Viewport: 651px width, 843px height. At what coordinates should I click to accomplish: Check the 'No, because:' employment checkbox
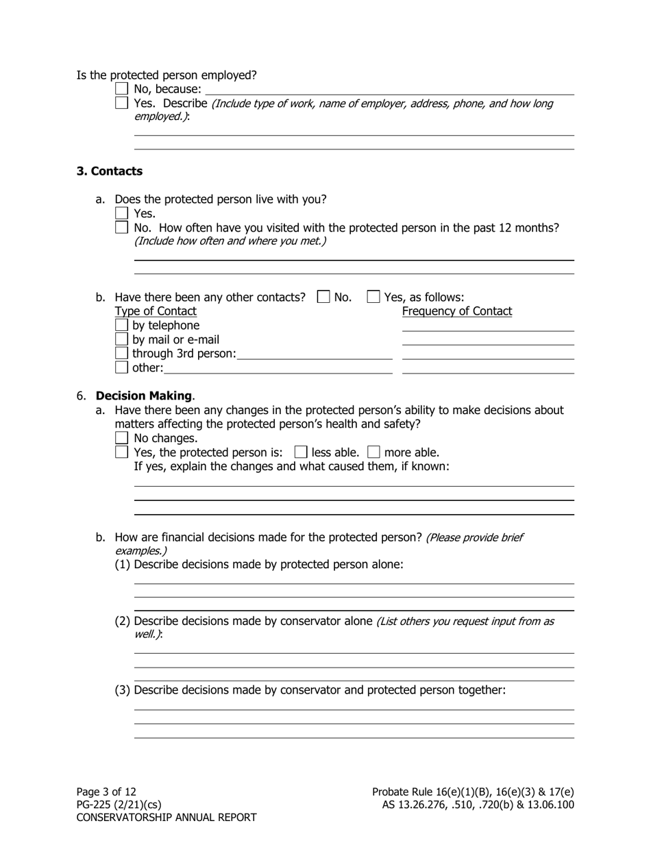click(x=122, y=88)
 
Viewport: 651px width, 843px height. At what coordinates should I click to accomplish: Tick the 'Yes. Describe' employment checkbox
click(x=122, y=103)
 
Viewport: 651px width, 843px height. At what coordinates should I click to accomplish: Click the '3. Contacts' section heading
click(x=110, y=171)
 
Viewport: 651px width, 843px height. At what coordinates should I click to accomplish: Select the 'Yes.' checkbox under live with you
click(x=122, y=213)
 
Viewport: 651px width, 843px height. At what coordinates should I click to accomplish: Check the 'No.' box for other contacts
click(x=323, y=297)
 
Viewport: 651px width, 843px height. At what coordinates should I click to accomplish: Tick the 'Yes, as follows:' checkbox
click(x=373, y=297)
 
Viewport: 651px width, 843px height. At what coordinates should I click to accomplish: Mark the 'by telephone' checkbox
click(x=122, y=325)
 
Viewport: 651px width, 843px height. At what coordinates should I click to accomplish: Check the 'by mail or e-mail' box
click(x=122, y=339)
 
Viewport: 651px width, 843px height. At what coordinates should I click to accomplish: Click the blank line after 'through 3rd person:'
click(x=315, y=354)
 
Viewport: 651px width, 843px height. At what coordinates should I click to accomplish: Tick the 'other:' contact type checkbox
click(x=122, y=367)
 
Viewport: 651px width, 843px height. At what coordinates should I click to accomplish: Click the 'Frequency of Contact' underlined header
click(x=457, y=311)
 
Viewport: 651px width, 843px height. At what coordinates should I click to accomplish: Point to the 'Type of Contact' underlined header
click(x=156, y=311)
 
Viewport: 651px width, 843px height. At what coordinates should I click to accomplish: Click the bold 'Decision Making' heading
click(x=144, y=395)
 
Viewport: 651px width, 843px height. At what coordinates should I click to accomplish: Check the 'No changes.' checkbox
click(x=122, y=438)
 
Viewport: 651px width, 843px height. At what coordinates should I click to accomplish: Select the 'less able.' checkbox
click(x=300, y=452)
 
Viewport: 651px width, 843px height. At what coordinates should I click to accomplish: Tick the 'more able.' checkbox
click(x=373, y=452)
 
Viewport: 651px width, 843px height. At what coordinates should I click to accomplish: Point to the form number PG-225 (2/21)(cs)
click(x=119, y=805)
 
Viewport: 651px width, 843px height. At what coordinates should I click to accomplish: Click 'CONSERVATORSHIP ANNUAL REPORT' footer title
click(x=167, y=818)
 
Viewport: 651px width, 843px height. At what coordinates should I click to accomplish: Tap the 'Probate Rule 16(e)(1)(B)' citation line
click(x=473, y=792)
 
